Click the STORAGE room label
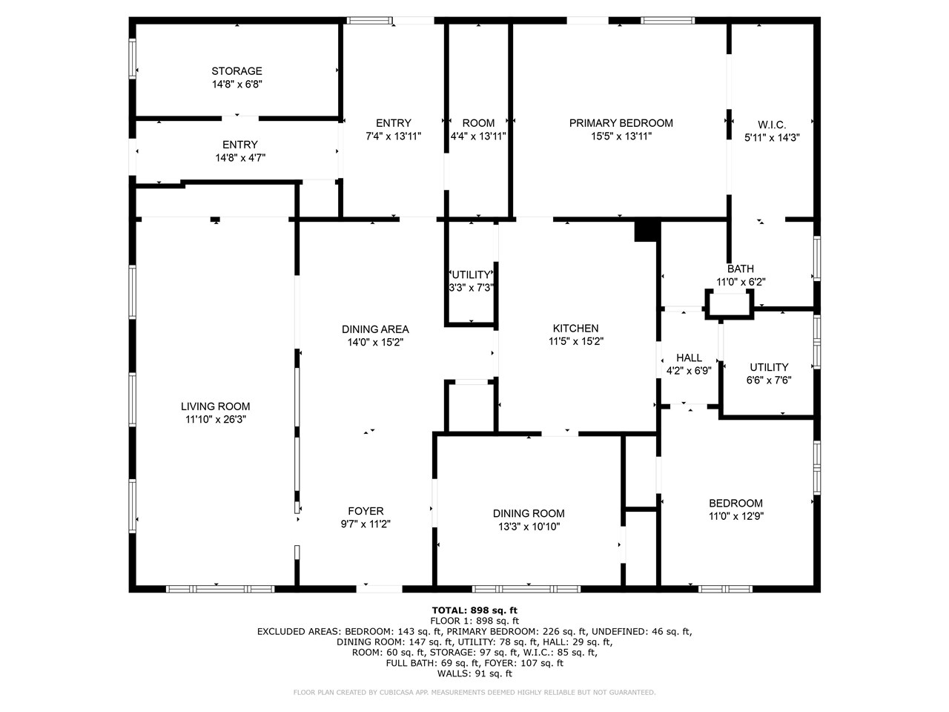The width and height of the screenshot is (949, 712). coord(237,71)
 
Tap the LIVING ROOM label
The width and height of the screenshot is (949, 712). coord(215,406)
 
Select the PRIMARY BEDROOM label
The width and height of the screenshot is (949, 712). coord(621,123)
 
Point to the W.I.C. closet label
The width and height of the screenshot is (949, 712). coord(772,125)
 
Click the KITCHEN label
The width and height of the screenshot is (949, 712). coord(575,329)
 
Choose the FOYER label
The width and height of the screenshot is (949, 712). coord(366,511)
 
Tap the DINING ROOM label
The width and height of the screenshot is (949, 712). coord(529,513)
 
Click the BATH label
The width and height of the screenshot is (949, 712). coord(740,268)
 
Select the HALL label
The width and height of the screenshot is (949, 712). coord(689,357)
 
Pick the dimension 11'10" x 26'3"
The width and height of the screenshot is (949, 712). coord(215,420)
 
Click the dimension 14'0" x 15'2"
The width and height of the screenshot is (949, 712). coord(375,343)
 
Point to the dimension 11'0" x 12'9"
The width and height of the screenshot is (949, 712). coord(735,516)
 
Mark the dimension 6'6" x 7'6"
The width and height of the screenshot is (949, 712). coord(769,380)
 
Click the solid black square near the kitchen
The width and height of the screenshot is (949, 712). coord(646,231)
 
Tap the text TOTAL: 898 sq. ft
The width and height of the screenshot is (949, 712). coord(474,610)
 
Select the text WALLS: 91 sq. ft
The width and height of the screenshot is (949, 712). coord(474,673)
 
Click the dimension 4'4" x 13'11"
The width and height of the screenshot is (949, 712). coord(478,136)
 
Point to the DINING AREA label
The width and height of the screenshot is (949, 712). coord(375,329)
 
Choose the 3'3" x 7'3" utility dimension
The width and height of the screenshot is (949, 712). coord(472,288)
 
